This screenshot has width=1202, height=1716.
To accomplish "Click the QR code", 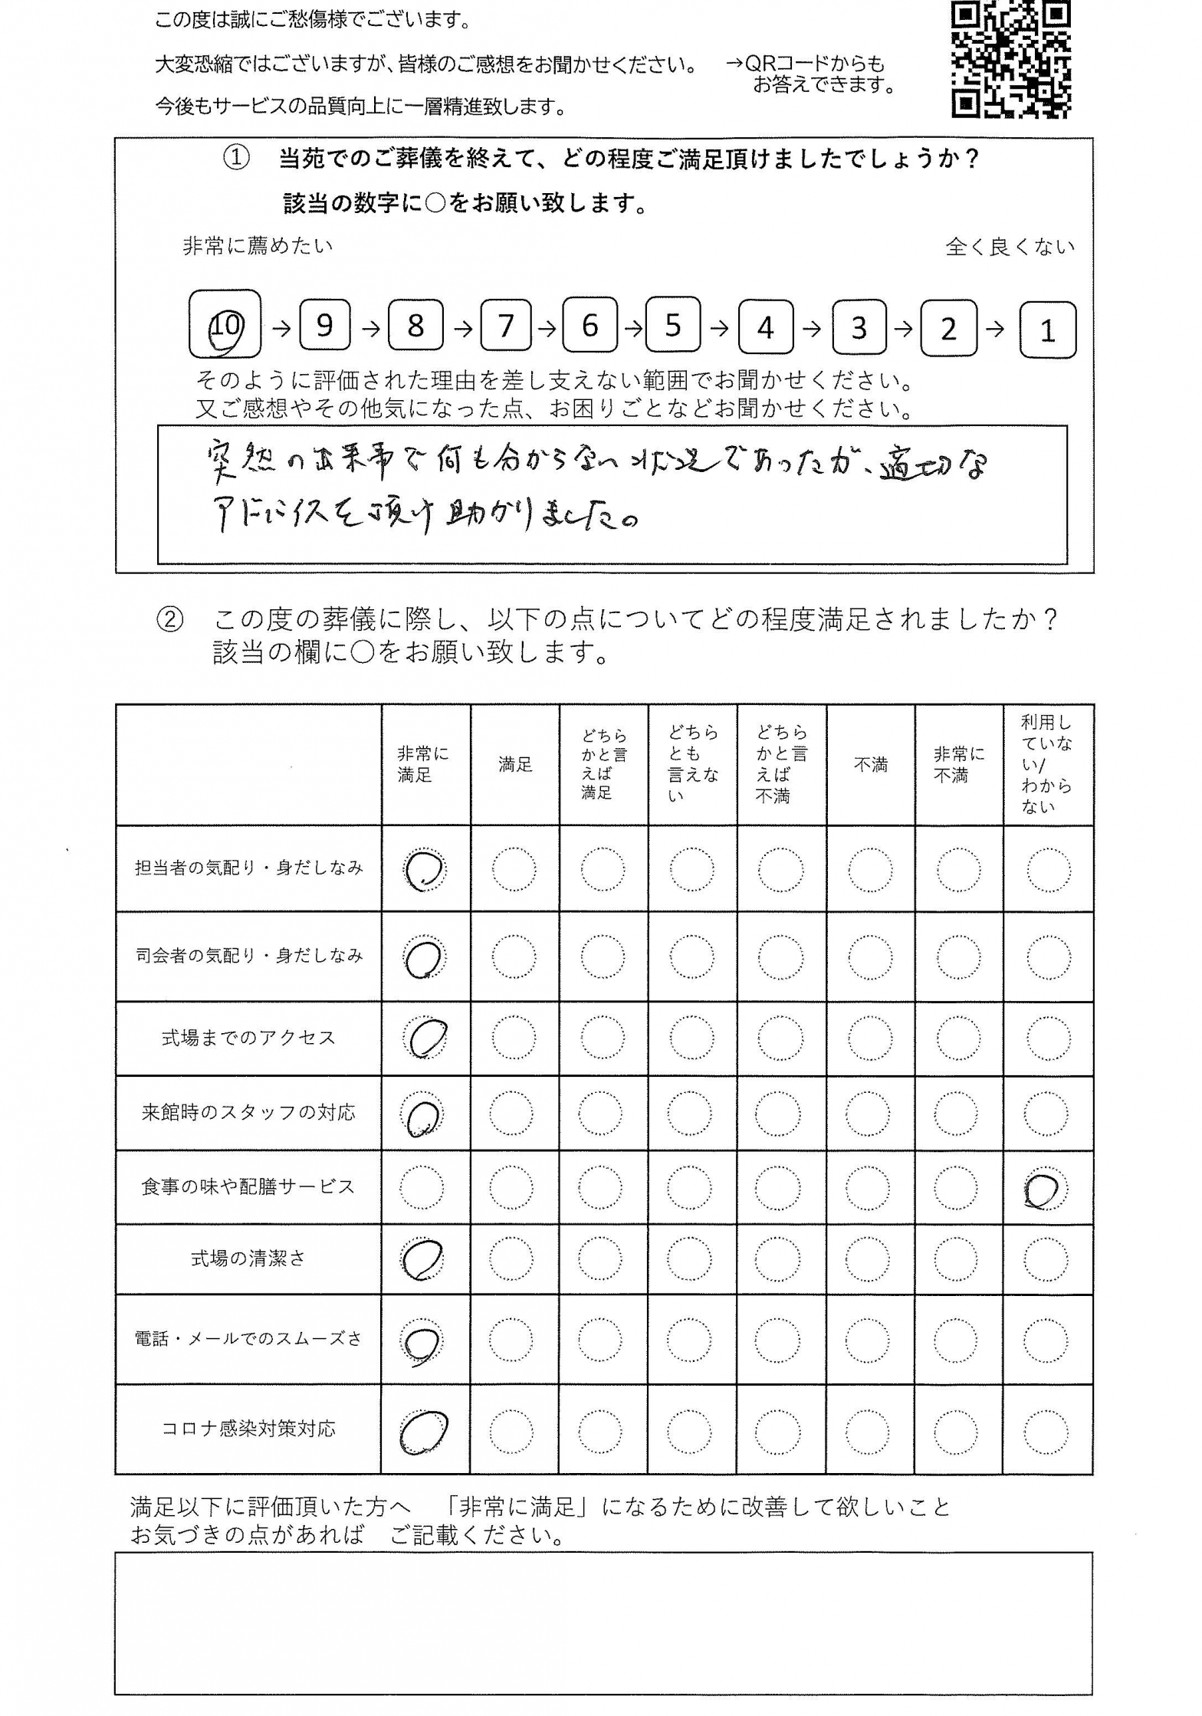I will click(x=1010, y=59).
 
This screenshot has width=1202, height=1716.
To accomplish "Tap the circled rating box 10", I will click(x=225, y=325).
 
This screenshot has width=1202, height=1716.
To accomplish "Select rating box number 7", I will click(x=506, y=326).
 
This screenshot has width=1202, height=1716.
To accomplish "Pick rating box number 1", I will click(x=1047, y=330).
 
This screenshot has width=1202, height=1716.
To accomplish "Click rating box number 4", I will click(x=765, y=328).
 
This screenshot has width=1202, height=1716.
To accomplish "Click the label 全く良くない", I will click(x=1010, y=247).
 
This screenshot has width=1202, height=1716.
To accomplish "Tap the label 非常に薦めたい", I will click(x=258, y=246).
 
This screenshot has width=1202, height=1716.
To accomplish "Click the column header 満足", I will click(x=515, y=764).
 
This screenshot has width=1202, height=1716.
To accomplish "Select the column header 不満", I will click(x=870, y=764).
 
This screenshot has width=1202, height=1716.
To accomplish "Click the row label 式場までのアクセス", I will click(x=248, y=1038).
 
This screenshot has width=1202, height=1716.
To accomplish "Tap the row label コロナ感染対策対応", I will click(x=248, y=1429).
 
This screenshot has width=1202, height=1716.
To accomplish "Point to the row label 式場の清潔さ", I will click(x=248, y=1258).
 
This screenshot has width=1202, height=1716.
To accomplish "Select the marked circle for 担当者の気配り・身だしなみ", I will click(x=424, y=870).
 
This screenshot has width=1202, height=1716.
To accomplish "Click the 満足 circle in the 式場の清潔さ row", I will click(x=511, y=1259).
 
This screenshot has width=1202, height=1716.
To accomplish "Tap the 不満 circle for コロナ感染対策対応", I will click(x=868, y=1431).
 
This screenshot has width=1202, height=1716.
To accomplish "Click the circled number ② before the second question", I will click(x=170, y=619).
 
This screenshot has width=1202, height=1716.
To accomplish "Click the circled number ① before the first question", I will click(x=236, y=158).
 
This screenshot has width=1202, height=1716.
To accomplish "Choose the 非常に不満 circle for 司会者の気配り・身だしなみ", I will click(x=958, y=957).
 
